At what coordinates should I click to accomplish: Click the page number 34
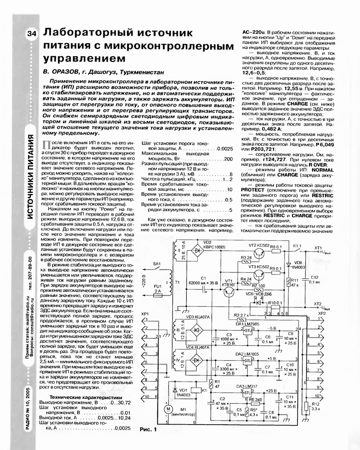click(32, 35)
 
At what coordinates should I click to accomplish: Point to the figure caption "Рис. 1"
click(147, 429)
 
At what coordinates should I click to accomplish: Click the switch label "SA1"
click(157, 263)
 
